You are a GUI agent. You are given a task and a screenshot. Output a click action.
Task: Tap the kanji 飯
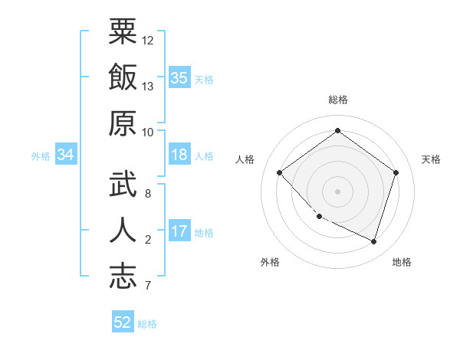point(123,77)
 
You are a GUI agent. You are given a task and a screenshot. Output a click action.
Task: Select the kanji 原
point(123,123)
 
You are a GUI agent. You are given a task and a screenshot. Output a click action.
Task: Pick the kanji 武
point(123,185)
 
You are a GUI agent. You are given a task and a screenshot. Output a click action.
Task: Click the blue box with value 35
point(179,77)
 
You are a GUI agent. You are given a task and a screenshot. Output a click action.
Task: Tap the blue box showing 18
point(179,155)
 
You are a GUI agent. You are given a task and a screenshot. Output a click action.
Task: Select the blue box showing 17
point(179,231)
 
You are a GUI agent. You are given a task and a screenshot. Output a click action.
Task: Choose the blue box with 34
point(66,155)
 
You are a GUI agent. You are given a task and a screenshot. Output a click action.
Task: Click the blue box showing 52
point(123,322)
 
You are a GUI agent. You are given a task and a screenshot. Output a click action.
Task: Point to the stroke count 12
point(148,40)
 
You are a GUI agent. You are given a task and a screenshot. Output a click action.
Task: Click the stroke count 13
point(148,87)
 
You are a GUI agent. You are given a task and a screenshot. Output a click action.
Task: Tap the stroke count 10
point(148,132)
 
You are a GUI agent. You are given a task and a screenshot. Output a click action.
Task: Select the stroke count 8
point(148,194)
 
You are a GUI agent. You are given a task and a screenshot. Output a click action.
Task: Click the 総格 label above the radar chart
point(337,100)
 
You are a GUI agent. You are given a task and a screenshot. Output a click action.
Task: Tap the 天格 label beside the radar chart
point(431,159)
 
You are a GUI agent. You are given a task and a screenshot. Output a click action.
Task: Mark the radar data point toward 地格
point(373,242)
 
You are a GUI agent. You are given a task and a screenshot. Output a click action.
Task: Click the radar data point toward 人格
point(280,172)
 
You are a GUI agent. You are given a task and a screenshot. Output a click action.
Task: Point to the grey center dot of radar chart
point(337,191)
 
